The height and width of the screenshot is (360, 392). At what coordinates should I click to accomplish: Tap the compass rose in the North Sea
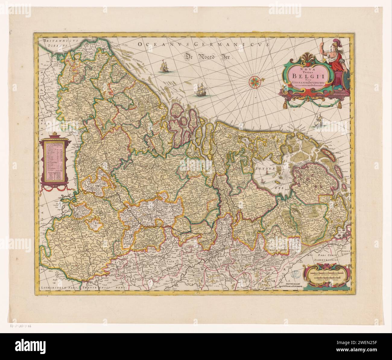(x=255, y=80)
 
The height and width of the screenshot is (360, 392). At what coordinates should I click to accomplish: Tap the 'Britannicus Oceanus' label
(x=56, y=42)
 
